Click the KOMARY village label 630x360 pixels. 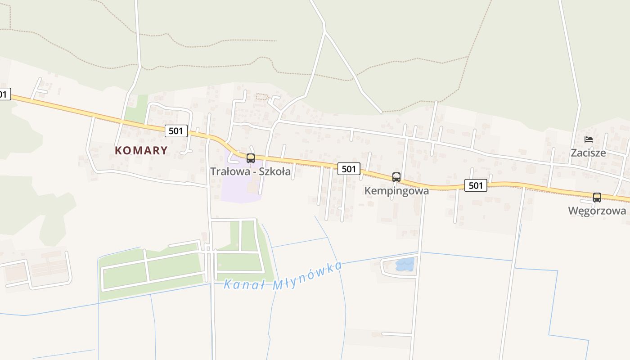141,150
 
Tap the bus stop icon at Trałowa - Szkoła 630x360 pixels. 251,158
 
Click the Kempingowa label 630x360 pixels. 396,190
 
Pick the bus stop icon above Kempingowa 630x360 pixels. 396,177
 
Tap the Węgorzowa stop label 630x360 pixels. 597,211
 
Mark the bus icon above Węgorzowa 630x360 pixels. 597,198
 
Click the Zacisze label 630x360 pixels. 588,153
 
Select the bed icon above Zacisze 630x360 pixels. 588,139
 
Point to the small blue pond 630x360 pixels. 405,265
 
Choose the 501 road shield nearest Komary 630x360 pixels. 176,131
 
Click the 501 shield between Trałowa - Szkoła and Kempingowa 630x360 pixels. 349,169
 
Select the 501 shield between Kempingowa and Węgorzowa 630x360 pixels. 476,185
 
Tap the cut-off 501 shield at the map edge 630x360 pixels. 4,94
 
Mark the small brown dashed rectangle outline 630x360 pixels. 262,96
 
